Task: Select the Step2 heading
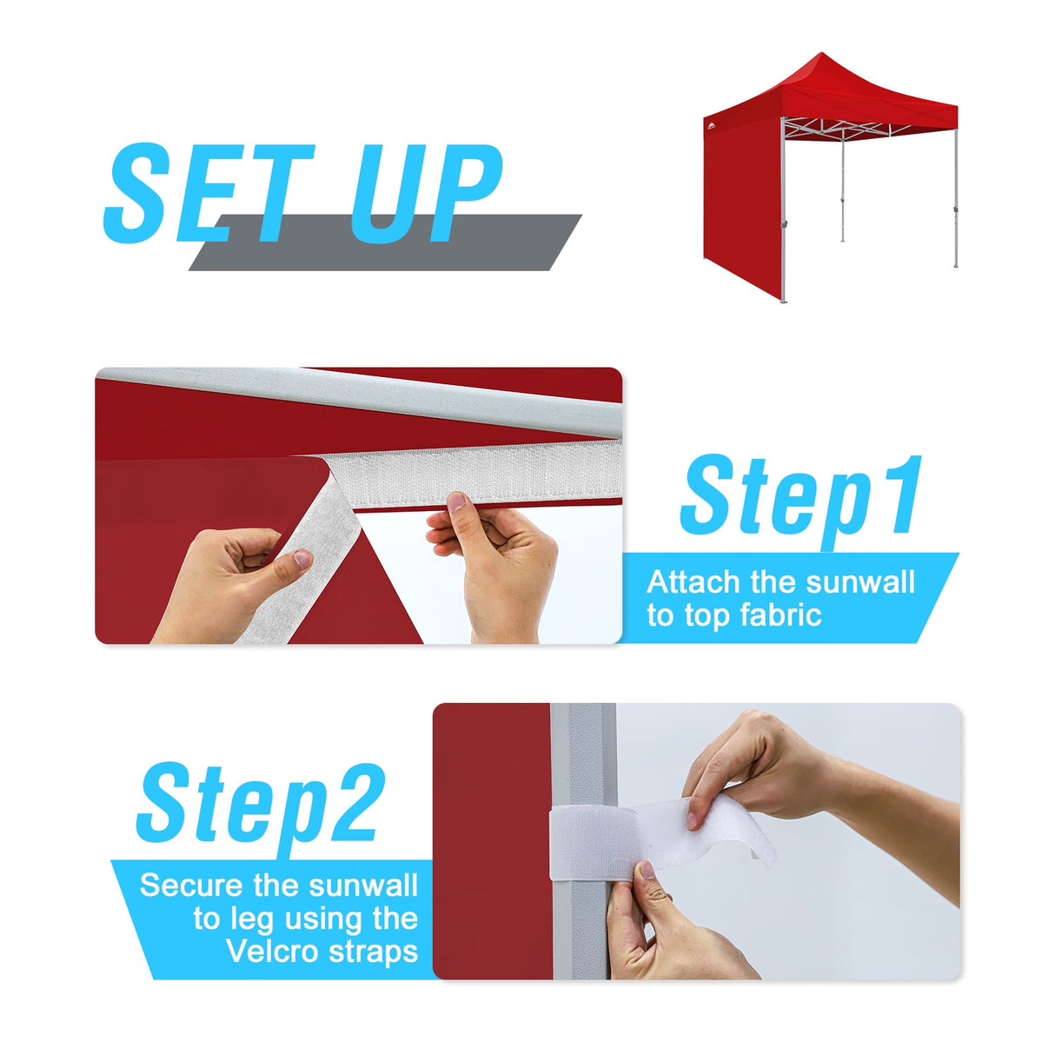259,804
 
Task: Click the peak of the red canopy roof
820,56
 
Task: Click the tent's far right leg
955,200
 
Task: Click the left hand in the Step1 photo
226,582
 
